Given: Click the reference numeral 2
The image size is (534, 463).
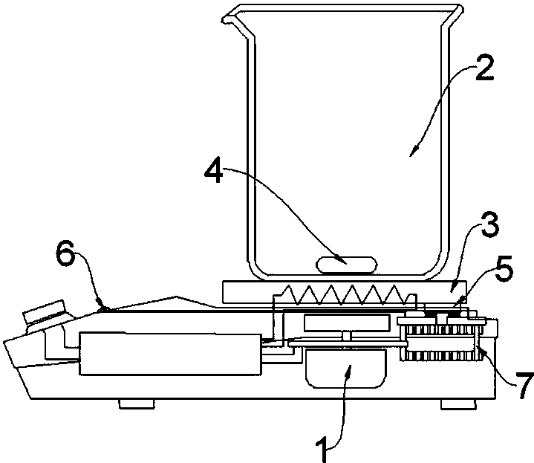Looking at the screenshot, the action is pyautogui.click(x=484, y=68).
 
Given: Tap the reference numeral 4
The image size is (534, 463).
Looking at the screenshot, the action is pyautogui.click(x=214, y=169).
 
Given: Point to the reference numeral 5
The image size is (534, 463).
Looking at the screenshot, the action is pyautogui.click(x=504, y=268).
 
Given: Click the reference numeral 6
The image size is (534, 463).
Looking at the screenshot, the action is pyautogui.click(x=65, y=253).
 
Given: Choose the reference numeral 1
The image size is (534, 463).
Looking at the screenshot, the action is pyautogui.click(x=322, y=449).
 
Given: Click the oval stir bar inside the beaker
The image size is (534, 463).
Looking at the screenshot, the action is pyautogui.click(x=347, y=265).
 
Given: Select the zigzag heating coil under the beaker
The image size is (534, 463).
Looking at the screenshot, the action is pyautogui.click(x=345, y=295).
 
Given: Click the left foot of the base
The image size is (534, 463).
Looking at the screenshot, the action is pyautogui.click(x=136, y=404).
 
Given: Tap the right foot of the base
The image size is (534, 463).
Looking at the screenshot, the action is pyautogui.click(x=458, y=404).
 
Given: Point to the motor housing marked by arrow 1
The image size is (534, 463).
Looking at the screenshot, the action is pyautogui.click(x=346, y=369).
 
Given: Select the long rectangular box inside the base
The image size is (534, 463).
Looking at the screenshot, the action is pyautogui.click(x=171, y=354).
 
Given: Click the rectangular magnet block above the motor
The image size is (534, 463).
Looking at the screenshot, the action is pyautogui.click(x=347, y=323).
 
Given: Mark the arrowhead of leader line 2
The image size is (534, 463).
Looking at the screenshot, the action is pyautogui.click(x=413, y=152).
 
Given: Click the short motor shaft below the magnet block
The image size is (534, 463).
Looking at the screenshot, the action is pyautogui.click(x=346, y=335).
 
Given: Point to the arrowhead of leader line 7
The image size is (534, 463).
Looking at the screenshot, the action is pyautogui.click(x=480, y=349).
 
